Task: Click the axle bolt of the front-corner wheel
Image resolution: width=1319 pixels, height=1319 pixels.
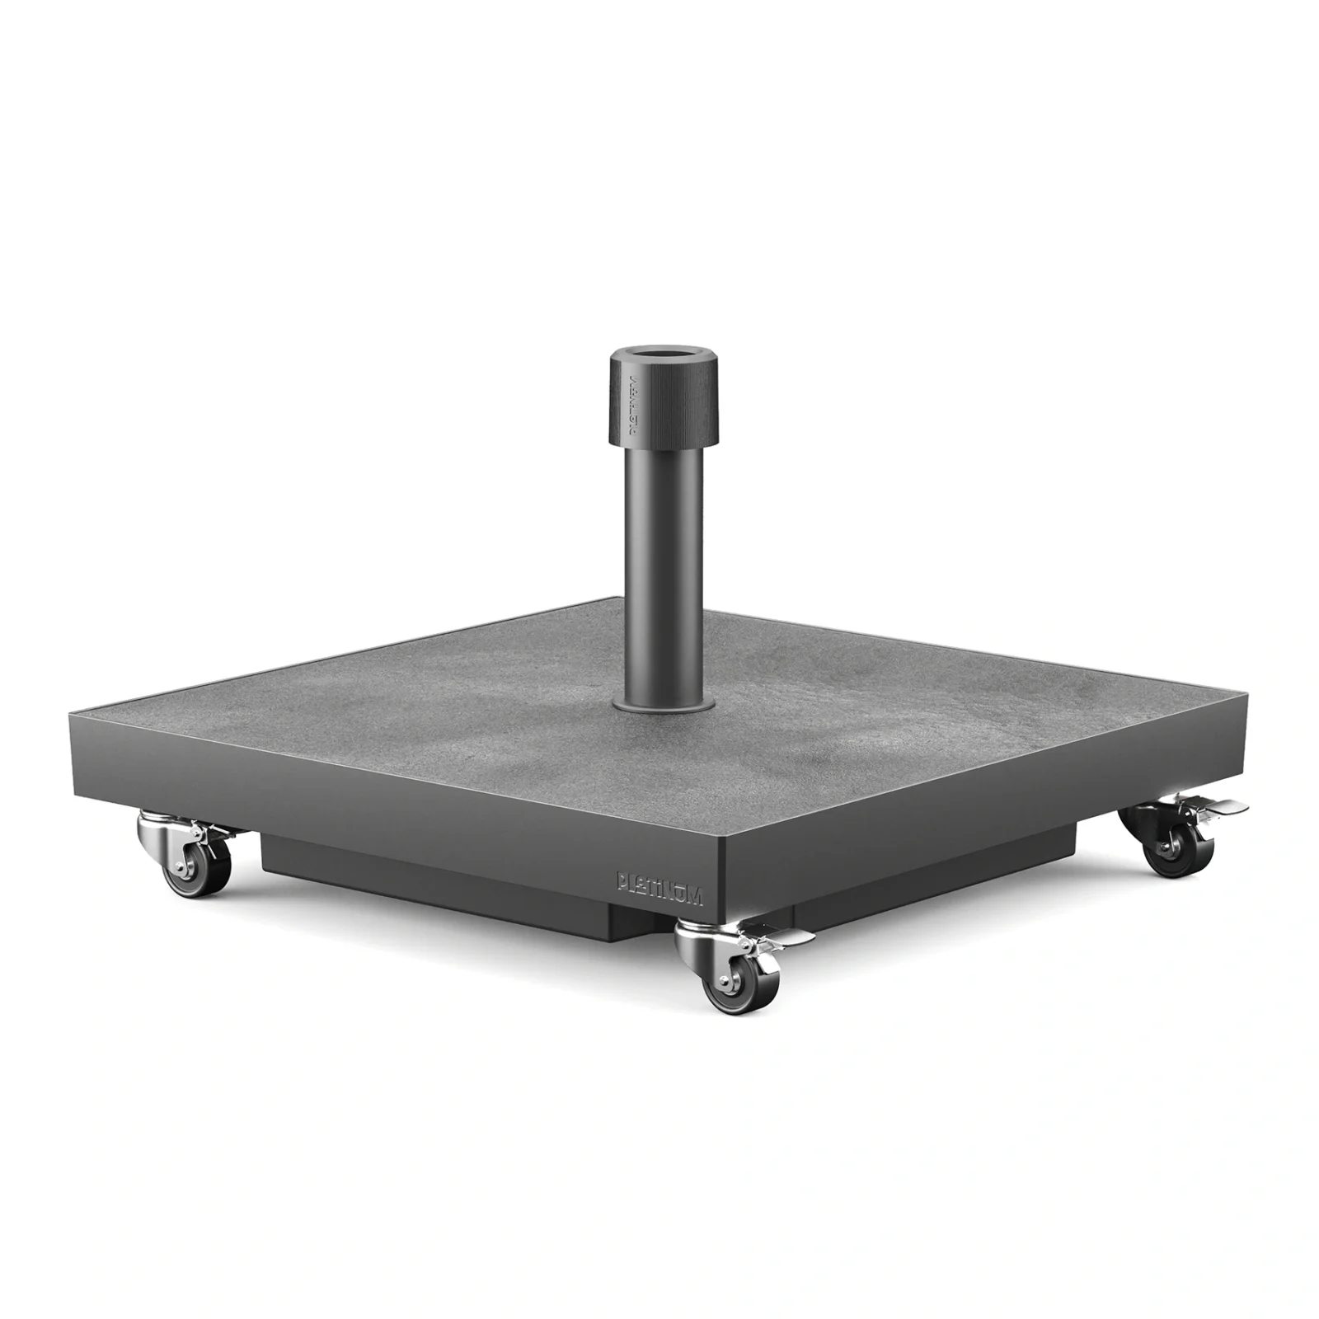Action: coord(725,983)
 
